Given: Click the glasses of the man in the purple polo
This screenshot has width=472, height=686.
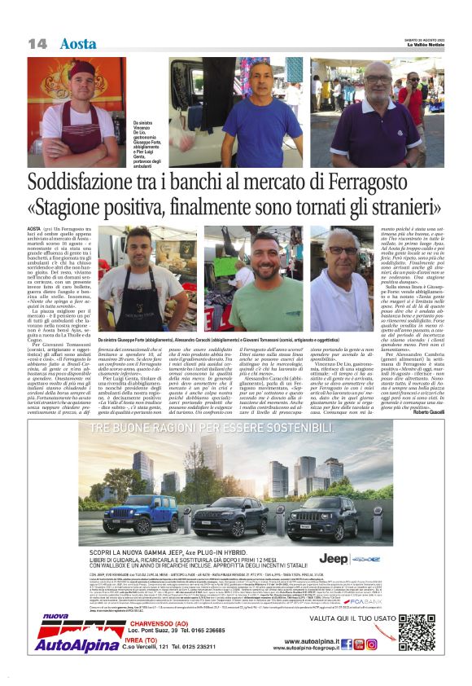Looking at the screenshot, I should point(376,79).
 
